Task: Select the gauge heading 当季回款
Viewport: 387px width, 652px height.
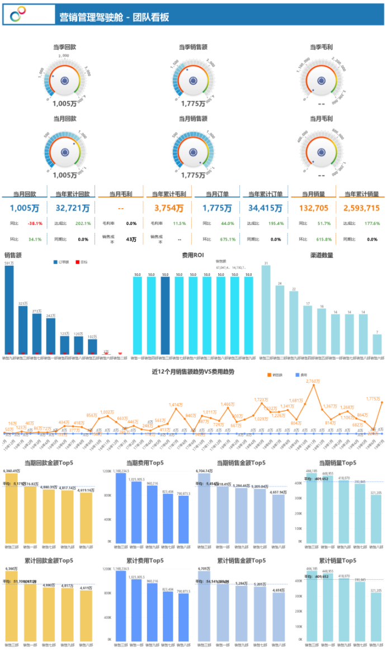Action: (x=65, y=48)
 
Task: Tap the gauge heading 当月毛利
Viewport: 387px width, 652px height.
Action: (x=322, y=119)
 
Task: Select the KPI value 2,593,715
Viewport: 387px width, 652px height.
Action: (x=361, y=208)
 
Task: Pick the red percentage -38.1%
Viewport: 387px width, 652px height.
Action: (x=35, y=223)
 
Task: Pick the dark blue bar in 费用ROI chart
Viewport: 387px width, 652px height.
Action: (x=164, y=316)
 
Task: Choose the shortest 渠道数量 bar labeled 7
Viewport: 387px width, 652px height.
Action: (x=377, y=344)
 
